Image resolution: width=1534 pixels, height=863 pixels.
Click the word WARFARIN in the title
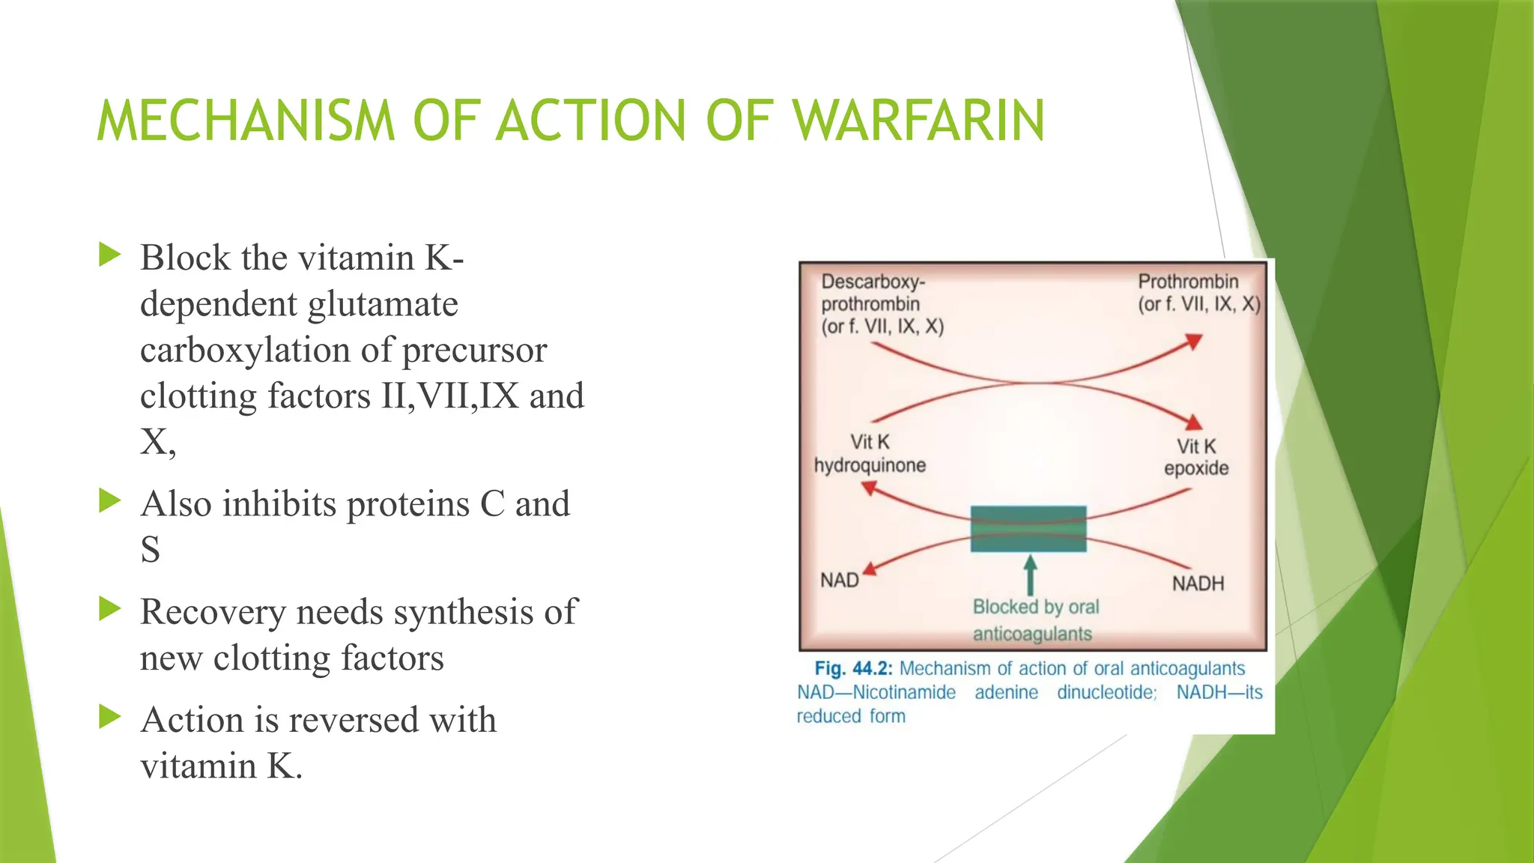pos(918,121)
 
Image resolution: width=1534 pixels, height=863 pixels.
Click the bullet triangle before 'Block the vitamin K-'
pos(109,255)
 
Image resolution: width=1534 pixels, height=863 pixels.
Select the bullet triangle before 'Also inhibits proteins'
pos(109,500)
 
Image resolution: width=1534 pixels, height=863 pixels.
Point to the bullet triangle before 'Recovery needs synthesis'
pos(109,609)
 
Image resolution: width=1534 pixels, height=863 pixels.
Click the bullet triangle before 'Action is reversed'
pos(109,717)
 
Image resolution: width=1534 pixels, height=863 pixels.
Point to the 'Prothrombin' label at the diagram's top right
pos(1188,282)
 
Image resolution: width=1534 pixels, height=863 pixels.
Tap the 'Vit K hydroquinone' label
pos(870,454)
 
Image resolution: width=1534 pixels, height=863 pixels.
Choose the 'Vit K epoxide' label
pos(1196,457)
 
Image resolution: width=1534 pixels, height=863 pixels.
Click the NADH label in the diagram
pos(1198,583)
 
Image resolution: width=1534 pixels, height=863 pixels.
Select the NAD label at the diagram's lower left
pos(839,581)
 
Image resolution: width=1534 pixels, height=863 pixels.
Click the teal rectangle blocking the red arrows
pos(1028,529)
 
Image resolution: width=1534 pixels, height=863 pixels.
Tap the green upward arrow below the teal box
pos(1031,575)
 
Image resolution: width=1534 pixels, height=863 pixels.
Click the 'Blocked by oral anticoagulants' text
pos(1035,620)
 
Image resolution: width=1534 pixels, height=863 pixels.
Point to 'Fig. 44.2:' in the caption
pos(853,668)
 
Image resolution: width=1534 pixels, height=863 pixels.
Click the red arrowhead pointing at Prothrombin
pos(1194,342)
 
